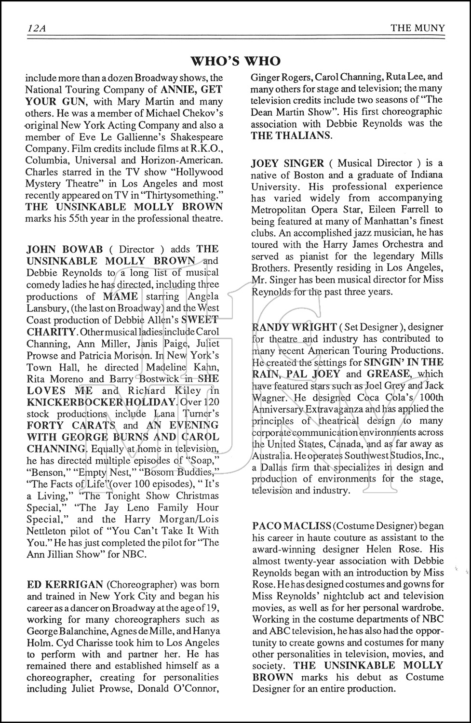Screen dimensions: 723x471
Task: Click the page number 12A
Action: [35, 28]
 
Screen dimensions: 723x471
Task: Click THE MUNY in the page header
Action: [417, 28]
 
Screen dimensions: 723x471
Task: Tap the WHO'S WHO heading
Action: [235, 61]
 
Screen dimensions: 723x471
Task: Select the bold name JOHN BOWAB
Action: [65, 250]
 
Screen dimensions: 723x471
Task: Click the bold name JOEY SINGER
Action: [284, 163]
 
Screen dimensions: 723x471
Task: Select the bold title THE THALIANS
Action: [291, 135]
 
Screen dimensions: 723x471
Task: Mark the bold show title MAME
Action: [120, 296]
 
